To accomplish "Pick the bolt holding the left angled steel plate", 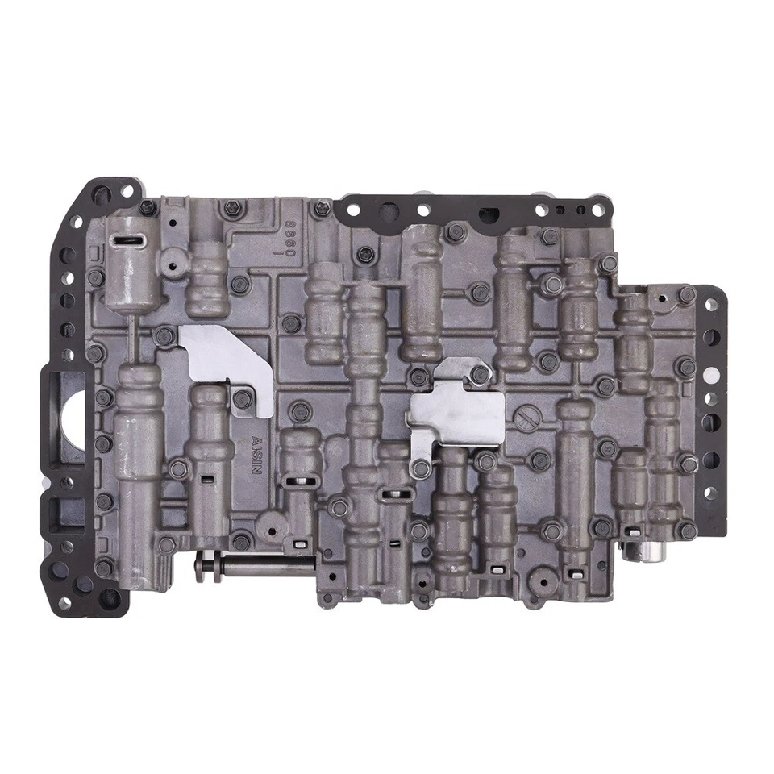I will tap(241, 397).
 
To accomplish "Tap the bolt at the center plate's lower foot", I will tap(418, 465).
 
